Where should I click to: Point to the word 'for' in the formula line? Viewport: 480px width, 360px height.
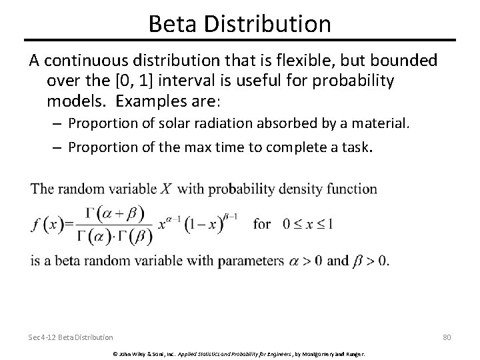tap(262, 224)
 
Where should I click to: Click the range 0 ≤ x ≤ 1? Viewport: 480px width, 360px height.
tap(309, 224)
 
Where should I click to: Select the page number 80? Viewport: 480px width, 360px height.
tap(447, 338)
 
